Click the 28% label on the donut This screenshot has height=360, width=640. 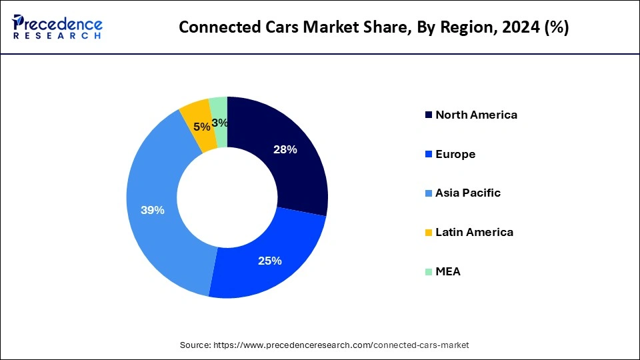tap(285, 150)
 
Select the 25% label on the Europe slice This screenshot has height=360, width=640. tap(269, 261)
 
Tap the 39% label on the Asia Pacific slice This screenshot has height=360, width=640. tap(152, 210)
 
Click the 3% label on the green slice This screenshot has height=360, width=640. tap(220, 123)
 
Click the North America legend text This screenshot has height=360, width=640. tap(476, 115)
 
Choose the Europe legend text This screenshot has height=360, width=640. tap(455, 154)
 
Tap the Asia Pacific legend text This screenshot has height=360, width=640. tap(468, 193)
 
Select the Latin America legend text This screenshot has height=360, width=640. tap(474, 233)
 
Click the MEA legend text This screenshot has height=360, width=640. tap(448, 272)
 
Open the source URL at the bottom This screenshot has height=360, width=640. tap(341, 345)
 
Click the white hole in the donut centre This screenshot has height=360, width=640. tap(227, 197)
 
